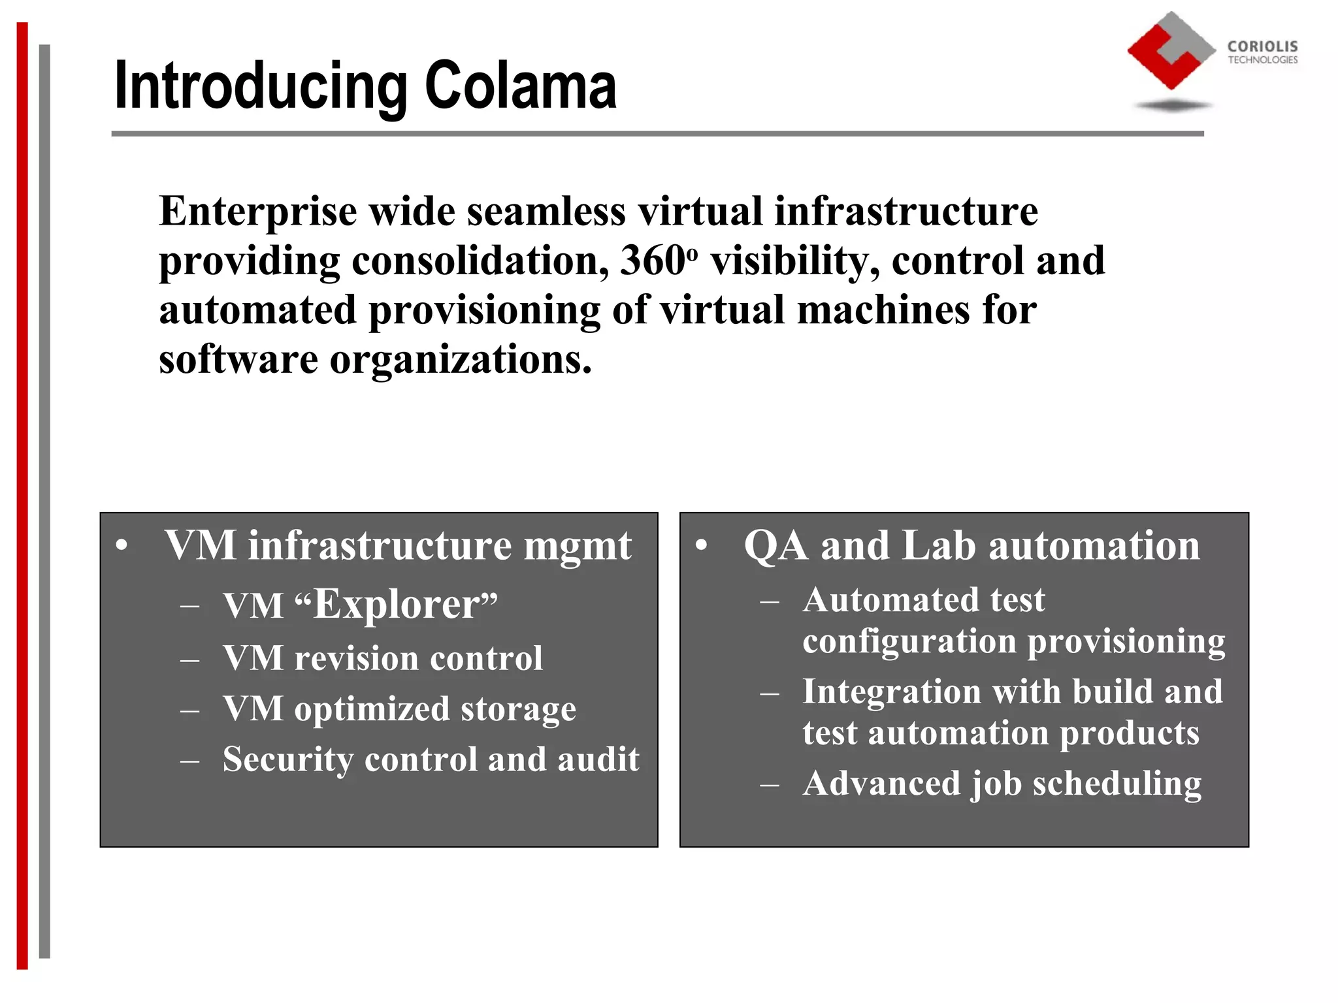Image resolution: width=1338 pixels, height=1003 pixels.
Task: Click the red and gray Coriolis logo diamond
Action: (x=1171, y=51)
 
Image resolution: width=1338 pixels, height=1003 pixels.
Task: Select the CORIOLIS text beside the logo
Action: (x=1262, y=46)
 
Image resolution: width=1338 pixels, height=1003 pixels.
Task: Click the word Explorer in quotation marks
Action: (x=397, y=604)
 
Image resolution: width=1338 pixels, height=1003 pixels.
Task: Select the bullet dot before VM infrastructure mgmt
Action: (x=122, y=546)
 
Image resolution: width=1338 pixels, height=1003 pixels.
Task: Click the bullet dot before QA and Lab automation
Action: (x=701, y=546)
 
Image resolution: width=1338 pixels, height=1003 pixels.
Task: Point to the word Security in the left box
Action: (x=288, y=760)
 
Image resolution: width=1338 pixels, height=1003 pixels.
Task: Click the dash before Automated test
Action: (x=770, y=601)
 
